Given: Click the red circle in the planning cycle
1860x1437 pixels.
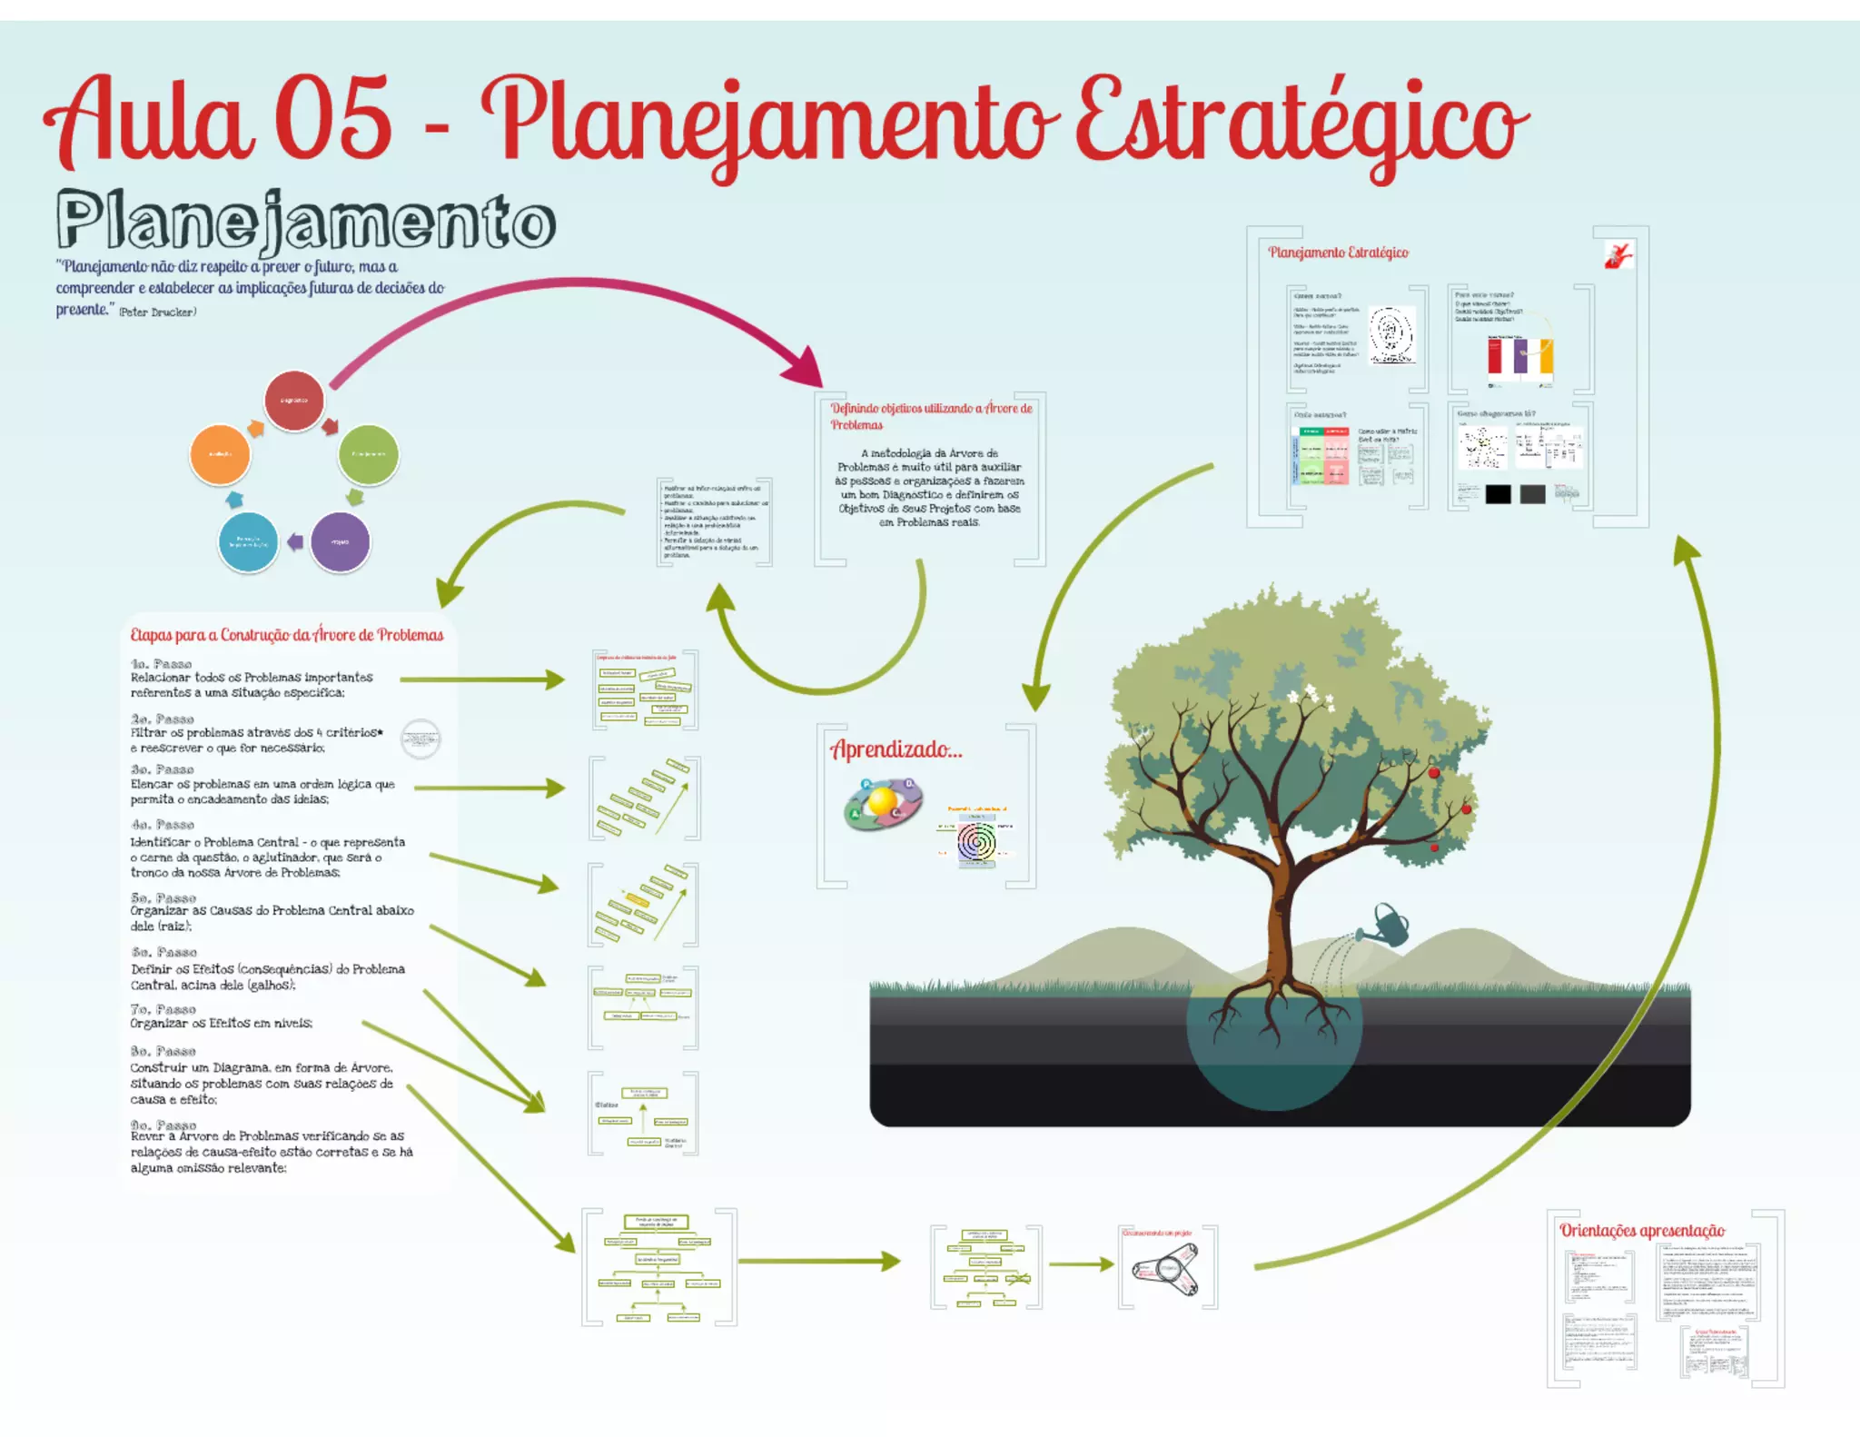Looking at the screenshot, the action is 293,401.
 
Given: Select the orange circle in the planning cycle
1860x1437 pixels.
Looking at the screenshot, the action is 220,454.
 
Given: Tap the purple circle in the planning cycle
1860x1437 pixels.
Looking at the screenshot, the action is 340,542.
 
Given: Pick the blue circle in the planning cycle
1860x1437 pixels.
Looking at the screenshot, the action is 248,542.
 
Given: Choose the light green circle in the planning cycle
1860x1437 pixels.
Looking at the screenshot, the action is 368,454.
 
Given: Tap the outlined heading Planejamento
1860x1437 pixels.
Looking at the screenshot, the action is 305,220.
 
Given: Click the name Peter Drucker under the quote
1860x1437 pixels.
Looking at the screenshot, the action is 157,312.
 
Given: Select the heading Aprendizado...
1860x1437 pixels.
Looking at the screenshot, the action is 895,749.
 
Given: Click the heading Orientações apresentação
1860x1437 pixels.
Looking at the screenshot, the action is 1642,1231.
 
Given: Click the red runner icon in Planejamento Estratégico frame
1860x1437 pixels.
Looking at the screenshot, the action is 1618,255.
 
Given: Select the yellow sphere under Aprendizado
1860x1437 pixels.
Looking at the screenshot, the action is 882,802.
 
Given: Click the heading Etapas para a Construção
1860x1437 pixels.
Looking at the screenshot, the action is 286,635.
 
